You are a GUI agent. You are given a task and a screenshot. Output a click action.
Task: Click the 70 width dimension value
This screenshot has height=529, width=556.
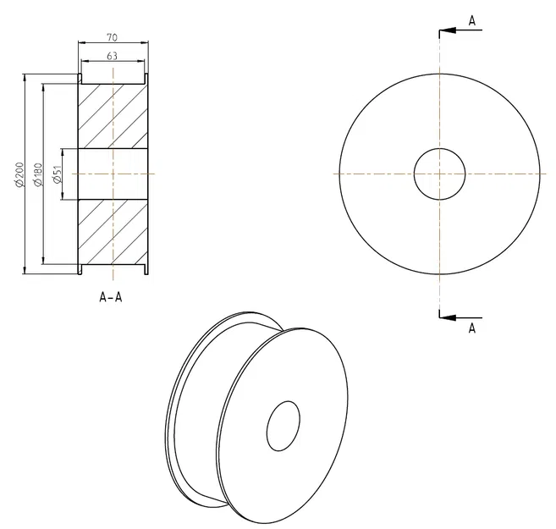[112, 37]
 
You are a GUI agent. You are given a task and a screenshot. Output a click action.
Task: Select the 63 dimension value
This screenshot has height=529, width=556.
[112, 56]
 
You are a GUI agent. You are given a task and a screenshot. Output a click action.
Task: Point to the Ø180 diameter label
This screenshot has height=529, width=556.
[37, 174]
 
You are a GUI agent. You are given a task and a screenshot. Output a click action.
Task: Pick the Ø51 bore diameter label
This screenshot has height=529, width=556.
[57, 174]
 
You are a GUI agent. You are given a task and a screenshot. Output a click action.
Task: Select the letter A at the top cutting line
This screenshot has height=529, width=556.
[471, 20]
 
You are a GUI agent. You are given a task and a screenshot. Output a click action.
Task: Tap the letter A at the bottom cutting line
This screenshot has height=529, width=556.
[471, 328]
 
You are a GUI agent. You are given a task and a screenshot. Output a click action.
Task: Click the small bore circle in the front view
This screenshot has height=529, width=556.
[439, 174]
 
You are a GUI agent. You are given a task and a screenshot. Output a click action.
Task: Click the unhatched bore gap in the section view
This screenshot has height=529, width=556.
[113, 174]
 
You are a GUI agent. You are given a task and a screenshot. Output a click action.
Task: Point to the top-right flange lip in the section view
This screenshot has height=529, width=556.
[148, 79]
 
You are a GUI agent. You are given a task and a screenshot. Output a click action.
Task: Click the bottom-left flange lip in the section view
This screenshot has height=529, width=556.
[79, 268]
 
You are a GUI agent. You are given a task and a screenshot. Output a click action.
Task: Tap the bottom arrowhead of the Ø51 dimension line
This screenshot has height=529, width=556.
[64, 196]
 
